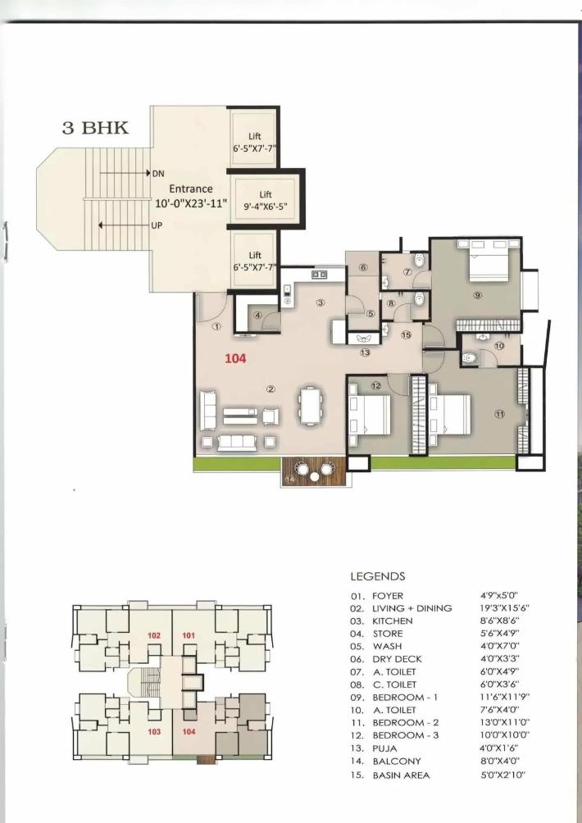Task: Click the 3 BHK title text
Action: point(94,129)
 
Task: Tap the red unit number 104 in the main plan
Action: point(236,358)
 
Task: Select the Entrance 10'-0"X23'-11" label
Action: point(191,196)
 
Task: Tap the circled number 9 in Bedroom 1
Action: point(476,295)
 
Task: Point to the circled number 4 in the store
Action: point(257,315)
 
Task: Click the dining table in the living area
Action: point(311,407)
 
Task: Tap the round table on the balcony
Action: point(302,471)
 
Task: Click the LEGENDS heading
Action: point(377,577)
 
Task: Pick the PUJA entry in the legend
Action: point(387,748)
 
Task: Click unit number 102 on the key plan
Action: point(154,635)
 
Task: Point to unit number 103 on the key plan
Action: point(154,730)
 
